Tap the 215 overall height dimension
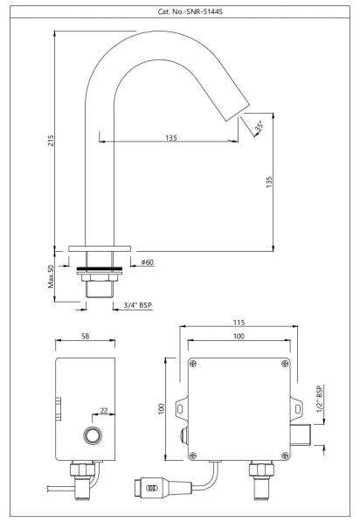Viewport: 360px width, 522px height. (x=51, y=141)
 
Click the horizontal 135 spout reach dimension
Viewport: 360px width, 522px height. (x=171, y=137)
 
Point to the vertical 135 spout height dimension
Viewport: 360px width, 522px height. (x=269, y=182)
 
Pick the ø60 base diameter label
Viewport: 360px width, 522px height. (x=148, y=262)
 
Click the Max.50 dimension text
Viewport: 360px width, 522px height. (x=51, y=276)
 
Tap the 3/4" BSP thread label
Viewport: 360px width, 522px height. (x=138, y=305)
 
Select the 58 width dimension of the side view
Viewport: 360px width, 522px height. (x=86, y=337)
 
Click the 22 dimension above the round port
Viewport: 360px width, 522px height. (x=104, y=411)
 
